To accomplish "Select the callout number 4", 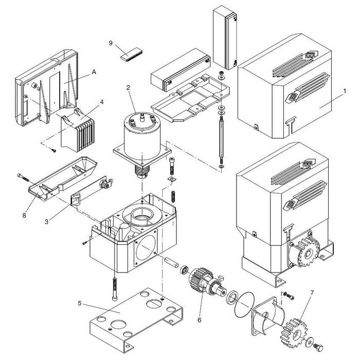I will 102,102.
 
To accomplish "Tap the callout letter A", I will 94,73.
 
